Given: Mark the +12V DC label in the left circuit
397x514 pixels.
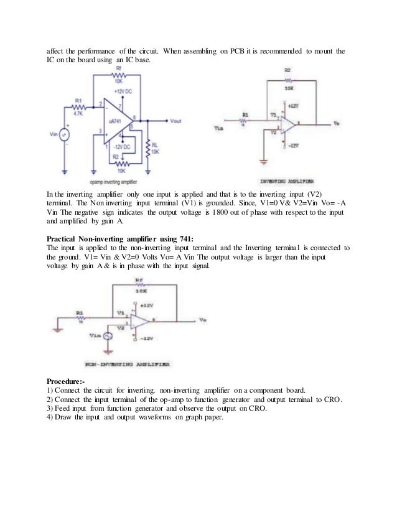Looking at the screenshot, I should click(122, 92).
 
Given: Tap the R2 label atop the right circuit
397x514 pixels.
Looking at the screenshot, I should click(287, 70).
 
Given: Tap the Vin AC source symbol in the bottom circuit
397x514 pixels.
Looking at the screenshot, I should click(108, 336).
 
